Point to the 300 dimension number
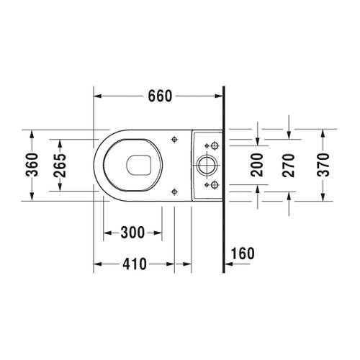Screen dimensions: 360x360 coord(132,232)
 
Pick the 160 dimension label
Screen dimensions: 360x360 coord(244,253)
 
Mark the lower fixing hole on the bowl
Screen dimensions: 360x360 coord(174,191)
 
